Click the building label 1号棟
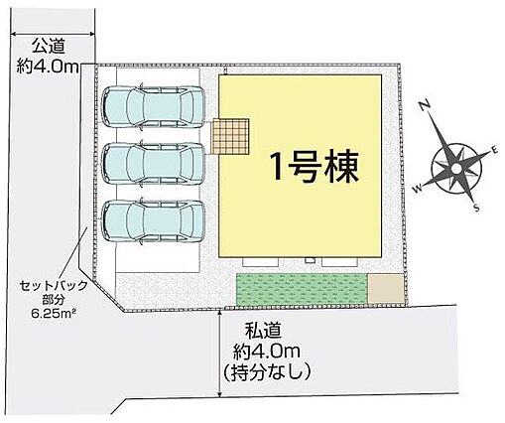click(315, 167)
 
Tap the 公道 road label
click(49, 47)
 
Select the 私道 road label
click(264, 331)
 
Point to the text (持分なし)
click(267, 372)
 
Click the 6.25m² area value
click(53, 313)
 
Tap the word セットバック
click(54, 285)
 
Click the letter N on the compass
click(426, 105)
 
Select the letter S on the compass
click(476, 208)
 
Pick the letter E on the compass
click(494, 151)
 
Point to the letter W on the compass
click(418, 189)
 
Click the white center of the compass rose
click(456, 169)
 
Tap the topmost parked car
click(153, 107)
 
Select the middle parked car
click(153, 164)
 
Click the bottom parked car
click(153, 221)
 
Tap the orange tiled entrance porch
click(230, 137)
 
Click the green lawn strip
click(302, 289)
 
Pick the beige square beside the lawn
click(386, 288)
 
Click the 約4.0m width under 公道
click(48, 68)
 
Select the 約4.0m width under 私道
click(267, 352)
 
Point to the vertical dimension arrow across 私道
click(219, 352)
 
